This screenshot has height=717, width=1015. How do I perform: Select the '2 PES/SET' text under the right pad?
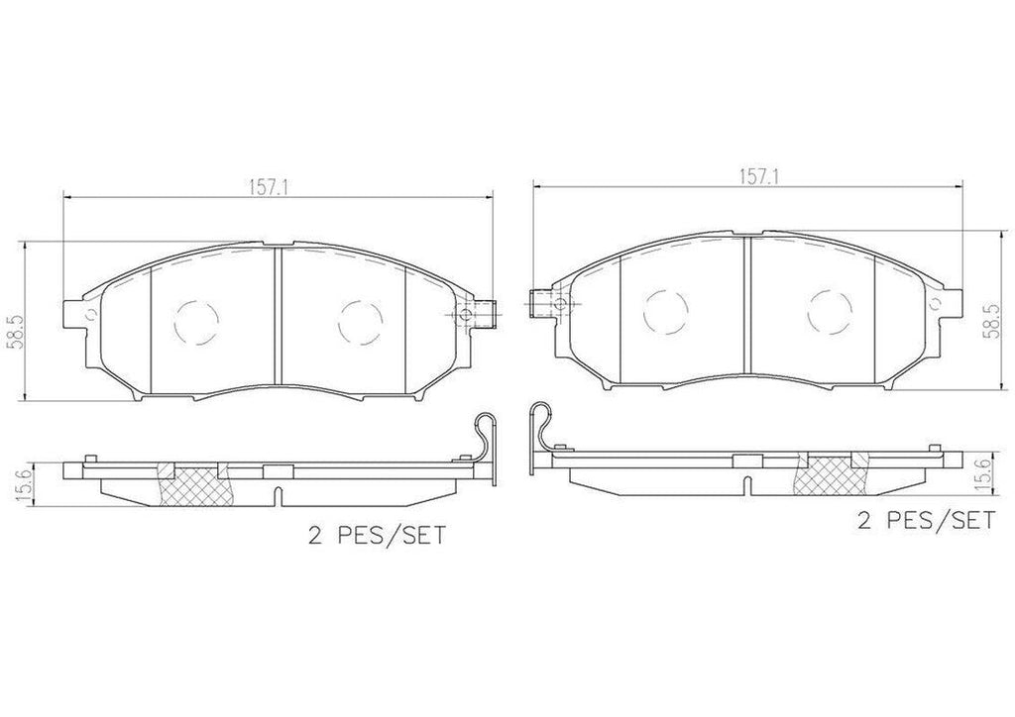click(925, 522)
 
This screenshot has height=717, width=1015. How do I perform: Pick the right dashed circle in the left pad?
click(359, 320)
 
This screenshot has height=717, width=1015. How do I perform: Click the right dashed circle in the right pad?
click(830, 310)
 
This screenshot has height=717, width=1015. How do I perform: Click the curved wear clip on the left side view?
click(485, 441)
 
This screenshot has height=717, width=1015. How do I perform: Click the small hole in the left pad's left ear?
click(90, 317)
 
